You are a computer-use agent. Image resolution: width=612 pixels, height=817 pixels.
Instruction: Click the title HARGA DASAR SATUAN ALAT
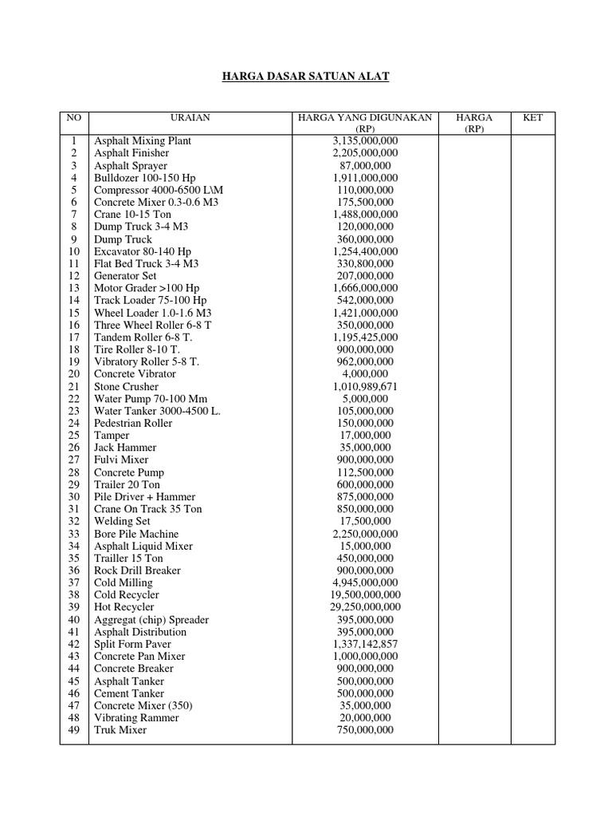click(305, 77)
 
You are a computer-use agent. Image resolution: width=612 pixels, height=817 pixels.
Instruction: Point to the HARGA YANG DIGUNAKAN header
click(365, 117)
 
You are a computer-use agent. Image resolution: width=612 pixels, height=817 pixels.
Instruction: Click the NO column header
click(73, 117)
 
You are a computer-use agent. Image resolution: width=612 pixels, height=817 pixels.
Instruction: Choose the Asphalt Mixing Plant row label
click(143, 140)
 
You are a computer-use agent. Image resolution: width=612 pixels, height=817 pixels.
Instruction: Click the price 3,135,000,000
click(365, 140)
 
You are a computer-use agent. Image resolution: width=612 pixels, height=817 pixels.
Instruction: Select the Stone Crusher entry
click(127, 386)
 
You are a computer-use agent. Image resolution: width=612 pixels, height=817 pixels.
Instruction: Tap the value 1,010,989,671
click(365, 386)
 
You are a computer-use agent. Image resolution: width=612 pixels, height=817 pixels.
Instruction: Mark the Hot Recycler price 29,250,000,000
click(365, 607)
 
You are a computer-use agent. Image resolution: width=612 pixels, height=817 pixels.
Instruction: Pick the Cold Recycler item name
click(127, 595)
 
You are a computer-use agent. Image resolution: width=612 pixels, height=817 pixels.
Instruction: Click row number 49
click(73, 730)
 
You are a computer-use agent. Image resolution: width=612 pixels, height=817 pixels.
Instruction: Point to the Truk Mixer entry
click(120, 730)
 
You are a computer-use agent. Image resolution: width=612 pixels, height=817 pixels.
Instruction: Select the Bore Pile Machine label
click(136, 534)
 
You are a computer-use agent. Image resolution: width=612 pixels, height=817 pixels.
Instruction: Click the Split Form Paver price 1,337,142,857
click(365, 644)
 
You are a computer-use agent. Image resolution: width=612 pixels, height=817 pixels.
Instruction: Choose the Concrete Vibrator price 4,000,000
click(365, 374)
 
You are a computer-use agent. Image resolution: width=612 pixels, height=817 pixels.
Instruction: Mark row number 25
click(73, 436)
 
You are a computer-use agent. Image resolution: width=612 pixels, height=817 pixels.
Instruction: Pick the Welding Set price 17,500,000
click(365, 522)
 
